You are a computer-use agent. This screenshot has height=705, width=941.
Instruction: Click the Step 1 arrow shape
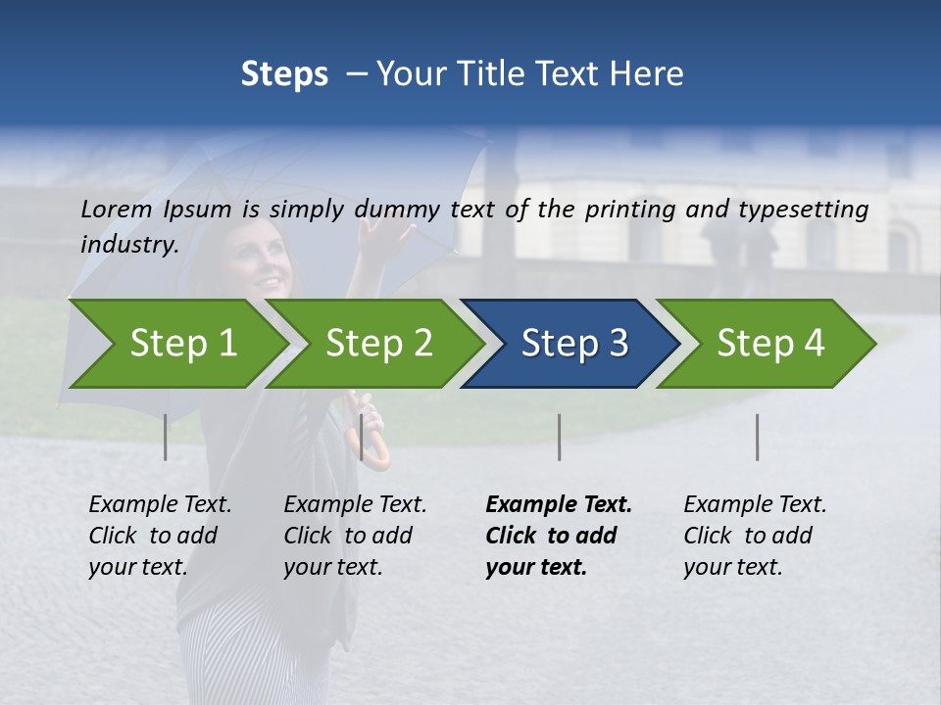coord(176,344)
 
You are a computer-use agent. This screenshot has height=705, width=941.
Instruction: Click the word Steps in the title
coord(284,73)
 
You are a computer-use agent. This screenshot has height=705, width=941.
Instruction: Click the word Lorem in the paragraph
coord(116,209)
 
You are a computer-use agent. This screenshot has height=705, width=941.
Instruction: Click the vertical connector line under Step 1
coord(166,437)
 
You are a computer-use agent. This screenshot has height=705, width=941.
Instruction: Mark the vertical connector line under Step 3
coord(559,437)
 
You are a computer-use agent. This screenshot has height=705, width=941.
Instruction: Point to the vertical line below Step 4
coord(757,437)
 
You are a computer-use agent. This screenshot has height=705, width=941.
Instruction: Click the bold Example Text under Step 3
coord(559,504)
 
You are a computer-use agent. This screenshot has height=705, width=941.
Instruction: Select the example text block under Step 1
coord(160,536)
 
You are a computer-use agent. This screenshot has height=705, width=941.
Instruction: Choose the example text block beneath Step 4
coord(755,536)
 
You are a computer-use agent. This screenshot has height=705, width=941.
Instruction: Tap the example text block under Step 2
coord(355,536)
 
